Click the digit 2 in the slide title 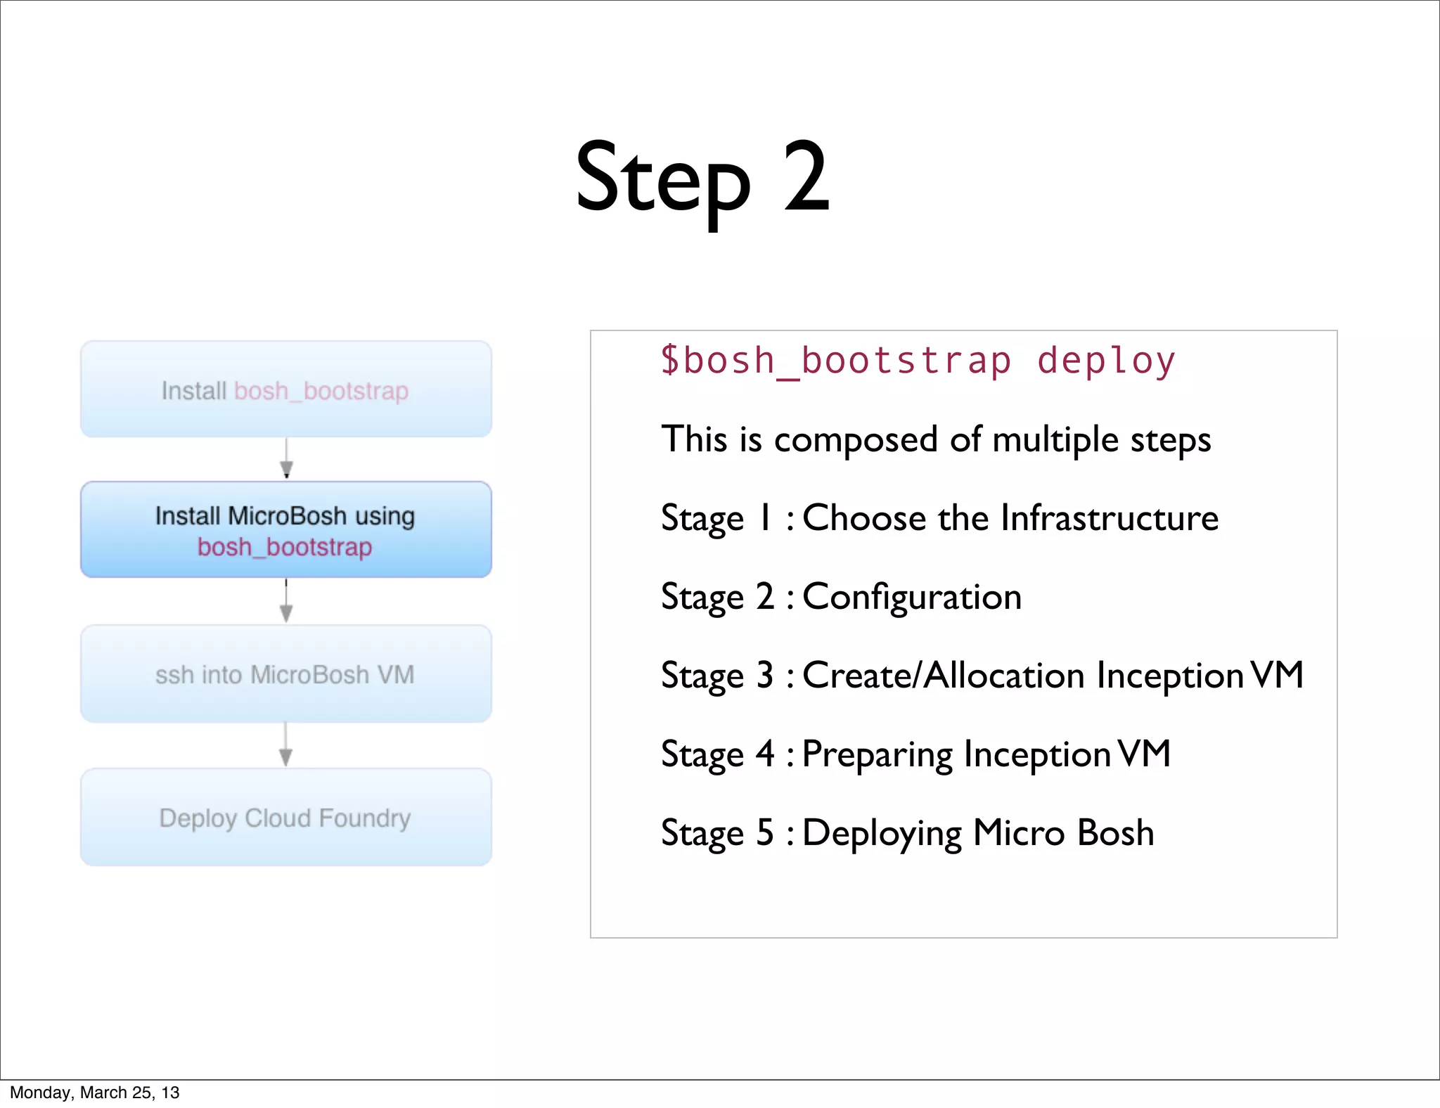coord(806,177)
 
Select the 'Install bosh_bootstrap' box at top coord(285,389)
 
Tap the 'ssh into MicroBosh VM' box coord(285,674)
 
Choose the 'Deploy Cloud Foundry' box coord(285,818)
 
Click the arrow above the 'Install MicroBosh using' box coord(286,460)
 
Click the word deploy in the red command coord(1105,361)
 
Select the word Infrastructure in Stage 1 coord(1109,519)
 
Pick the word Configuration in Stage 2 coord(911,598)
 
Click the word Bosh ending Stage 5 coord(1115,833)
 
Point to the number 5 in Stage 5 coord(765,833)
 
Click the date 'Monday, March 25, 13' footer coord(94,1093)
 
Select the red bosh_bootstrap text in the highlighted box coord(285,547)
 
